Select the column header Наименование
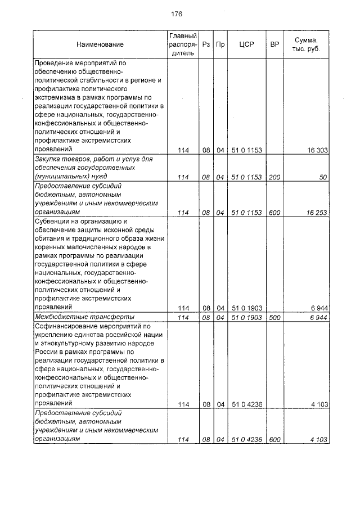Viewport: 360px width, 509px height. point(101,44)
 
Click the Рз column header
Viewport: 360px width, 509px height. point(206,44)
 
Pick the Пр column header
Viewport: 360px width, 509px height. point(220,44)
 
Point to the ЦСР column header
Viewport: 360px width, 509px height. point(247,44)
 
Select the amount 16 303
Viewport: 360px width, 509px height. point(317,150)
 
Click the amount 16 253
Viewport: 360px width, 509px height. point(317,213)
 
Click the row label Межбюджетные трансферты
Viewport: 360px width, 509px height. point(75,318)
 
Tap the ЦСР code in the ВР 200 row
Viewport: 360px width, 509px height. point(247,177)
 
